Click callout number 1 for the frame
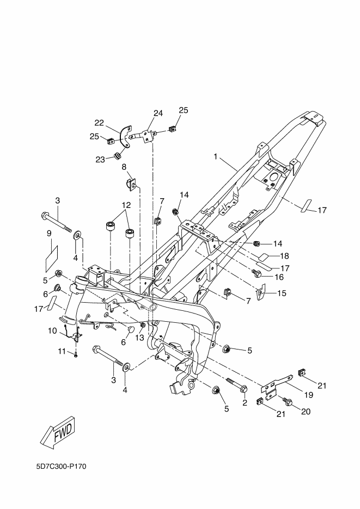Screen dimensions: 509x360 pyautogui.click(x=216, y=157)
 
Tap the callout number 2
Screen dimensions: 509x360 pyautogui.click(x=245, y=403)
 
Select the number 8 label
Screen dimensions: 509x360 pyautogui.click(x=124, y=167)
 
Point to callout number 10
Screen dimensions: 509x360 pyautogui.click(x=53, y=330)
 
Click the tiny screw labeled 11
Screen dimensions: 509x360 pyautogui.click(x=76, y=355)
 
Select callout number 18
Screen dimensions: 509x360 pyautogui.click(x=284, y=255)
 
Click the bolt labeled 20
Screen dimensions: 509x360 pyautogui.click(x=288, y=403)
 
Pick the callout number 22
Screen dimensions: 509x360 pyautogui.click(x=99, y=122)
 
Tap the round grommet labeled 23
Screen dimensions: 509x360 pyautogui.click(x=116, y=158)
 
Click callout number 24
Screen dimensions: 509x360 pyautogui.click(x=158, y=113)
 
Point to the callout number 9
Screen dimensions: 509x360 pyautogui.click(x=49, y=233)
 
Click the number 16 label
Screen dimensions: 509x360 pyautogui.click(x=280, y=277)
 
